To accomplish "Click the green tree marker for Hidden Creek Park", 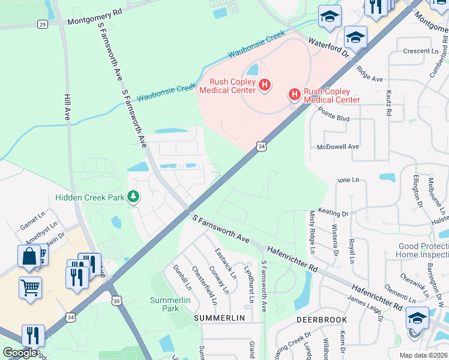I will click(x=133, y=197).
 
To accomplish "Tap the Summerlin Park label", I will click(x=165, y=304).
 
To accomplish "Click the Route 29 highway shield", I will click(x=41, y=24).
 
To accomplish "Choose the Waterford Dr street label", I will click(x=329, y=47).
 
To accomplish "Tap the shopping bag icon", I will click(x=29, y=256).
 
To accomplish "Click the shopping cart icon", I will click(x=30, y=286).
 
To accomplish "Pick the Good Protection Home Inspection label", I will click(x=423, y=250).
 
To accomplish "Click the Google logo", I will click(x=19, y=353).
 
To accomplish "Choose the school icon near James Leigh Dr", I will click(x=417, y=317).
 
